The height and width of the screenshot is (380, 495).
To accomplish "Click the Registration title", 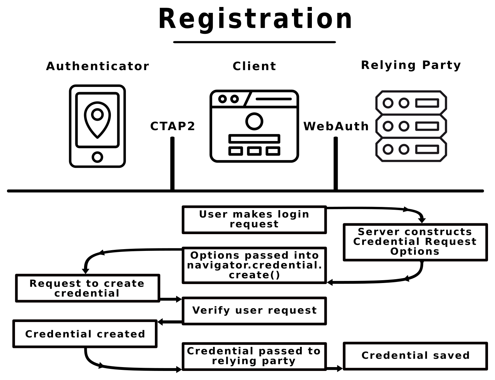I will (x=255, y=19).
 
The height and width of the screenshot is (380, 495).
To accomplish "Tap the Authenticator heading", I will (x=98, y=66).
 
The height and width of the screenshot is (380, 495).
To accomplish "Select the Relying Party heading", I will (x=411, y=65).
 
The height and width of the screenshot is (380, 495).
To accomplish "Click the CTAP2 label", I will (x=173, y=126).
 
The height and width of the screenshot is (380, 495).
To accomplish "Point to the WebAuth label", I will (x=336, y=126).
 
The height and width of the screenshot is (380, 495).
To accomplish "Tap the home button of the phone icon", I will (x=97, y=157).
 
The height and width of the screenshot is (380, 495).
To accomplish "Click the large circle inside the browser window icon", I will (x=254, y=121).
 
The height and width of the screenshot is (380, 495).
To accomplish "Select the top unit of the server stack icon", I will (x=411, y=103).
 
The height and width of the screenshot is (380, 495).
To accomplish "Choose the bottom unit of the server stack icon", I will (x=411, y=149).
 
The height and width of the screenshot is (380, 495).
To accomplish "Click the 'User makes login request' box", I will (x=254, y=219).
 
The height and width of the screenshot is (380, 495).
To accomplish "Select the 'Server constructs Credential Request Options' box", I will (x=415, y=242).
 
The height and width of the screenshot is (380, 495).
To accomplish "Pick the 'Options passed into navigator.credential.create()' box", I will (x=254, y=265).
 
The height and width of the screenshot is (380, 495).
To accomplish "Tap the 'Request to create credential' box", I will (x=88, y=288).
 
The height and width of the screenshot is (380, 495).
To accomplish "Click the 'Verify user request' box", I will (x=254, y=311).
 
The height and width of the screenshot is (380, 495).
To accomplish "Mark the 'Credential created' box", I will (x=85, y=334).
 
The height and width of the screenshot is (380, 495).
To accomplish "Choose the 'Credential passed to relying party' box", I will (x=254, y=356).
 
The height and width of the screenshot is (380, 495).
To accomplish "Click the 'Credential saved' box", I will (x=415, y=356).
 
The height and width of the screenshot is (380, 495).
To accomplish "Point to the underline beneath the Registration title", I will (x=254, y=42).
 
